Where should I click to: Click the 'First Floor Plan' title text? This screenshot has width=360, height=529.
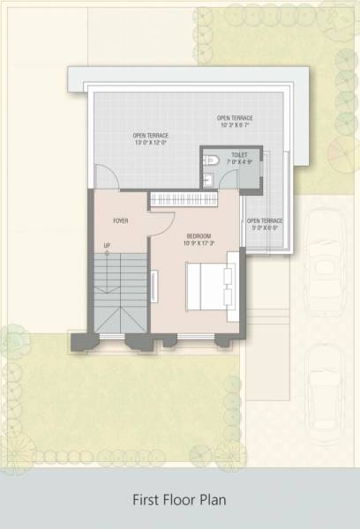tap(180, 500)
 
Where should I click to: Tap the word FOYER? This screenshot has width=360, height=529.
tap(121, 220)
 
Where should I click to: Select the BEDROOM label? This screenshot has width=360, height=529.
tap(198, 235)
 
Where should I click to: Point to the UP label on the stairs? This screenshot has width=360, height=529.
tap(107, 245)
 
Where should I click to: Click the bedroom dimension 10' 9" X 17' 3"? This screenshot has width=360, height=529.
tap(200, 243)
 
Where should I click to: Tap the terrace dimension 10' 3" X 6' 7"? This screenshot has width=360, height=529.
tap(235, 124)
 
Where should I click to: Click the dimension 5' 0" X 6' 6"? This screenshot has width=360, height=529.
tap(264, 227)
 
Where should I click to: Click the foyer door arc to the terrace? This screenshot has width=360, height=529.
tap(107, 176)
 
